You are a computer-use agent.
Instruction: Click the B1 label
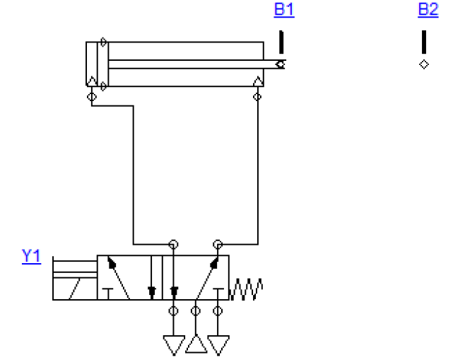pyautogui.click(x=284, y=9)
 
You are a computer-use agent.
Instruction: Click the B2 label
pyautogui.click(x=428, y=9)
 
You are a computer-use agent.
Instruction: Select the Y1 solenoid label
pyautogui.click(x=32, y=256)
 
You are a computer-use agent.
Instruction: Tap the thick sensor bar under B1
pyautogui.click(x=281, y=42)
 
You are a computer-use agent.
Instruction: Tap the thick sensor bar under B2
pyautogui.click(x=424, y=42)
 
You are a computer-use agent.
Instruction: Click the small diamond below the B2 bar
pyautogui.click(x=424, y=64)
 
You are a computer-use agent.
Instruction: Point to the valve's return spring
pyautogui.click(x=246, y=289)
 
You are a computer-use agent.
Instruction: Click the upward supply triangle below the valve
pyautogui.click(x=196, y=344)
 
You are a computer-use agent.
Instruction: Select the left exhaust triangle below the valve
pyautogui.click(x=174, y=345)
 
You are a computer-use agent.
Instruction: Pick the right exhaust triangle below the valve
pyautogui.click(x=218, y=345)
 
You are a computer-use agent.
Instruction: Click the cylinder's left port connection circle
pyautogui.click(x=92, y=97)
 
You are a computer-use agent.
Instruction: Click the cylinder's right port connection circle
pyautogui.click(x=257, y=97)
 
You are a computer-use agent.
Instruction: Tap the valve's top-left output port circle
pyautogui.click(x=173, y=244)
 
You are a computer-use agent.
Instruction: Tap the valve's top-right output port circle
pyautogui.click(x=218, y=244)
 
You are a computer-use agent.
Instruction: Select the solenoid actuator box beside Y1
pyautogui.click(x=75, y=278)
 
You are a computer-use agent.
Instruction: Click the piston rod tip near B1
pyautogui.click(x=281, y=64)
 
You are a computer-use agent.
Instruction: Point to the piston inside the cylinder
pyautogui.click(x=103, y=64)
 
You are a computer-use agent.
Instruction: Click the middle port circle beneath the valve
pyautogui.click(x=196, y=311)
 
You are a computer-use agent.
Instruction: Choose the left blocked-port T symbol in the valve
pyautogui.click(x=107, y=294)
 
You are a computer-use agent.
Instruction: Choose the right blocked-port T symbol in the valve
pyautogui.click(x=218, y=294)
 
